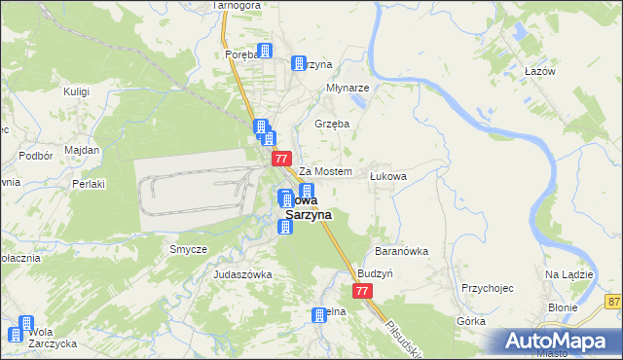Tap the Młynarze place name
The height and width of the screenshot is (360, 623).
347,87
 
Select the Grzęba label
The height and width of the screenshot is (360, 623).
332,124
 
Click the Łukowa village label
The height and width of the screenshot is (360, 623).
387,176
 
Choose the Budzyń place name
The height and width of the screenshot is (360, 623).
375,274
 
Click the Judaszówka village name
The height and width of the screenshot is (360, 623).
242,275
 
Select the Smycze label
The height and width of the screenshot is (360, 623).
189,249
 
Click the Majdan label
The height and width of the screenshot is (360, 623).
82,151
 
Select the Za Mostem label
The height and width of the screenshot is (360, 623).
324,171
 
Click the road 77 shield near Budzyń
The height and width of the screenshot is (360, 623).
362,291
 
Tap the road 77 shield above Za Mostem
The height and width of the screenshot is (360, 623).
281,158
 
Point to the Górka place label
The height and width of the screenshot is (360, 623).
470,320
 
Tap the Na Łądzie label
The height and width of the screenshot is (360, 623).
569,274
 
